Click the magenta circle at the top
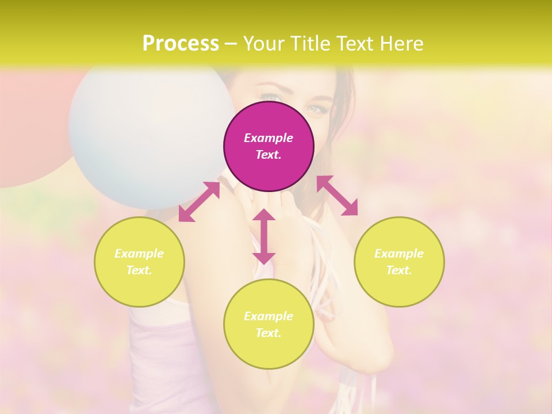(269, 146)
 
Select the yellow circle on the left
(139, 262)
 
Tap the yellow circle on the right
(399, 262)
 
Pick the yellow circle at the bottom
(269, 324)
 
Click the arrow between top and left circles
(199, 202)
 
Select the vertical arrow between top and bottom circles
(264, 236)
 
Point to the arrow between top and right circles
(338, 195)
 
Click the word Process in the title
(181, 43)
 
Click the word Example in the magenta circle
(269, 138)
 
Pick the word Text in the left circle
(139, 270)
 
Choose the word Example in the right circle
(399, 254)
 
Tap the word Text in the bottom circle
(269, 333)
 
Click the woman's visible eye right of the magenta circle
(317, 108)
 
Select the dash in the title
(231, 43)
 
